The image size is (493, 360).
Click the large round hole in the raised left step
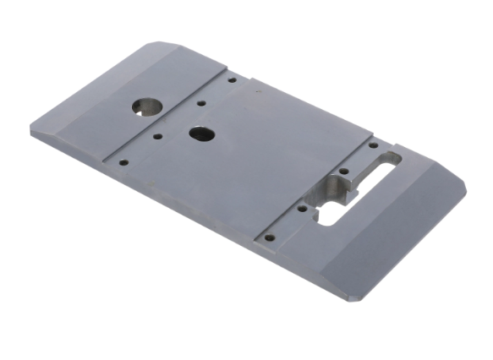(147, 105)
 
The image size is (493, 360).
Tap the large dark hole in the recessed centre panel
(200, 134)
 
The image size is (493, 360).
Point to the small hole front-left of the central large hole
(158, 135)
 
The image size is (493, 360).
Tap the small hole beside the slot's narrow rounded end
(373, 145)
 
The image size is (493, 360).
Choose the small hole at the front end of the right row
(269, 237)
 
